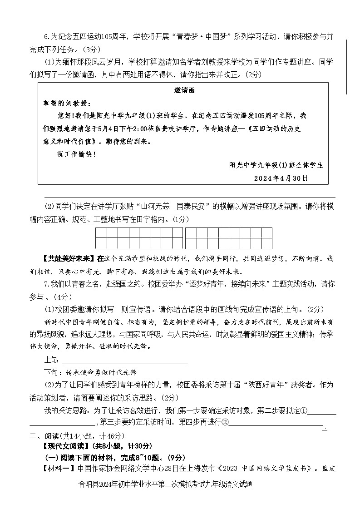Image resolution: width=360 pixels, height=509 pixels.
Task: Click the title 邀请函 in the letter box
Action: (184, 90)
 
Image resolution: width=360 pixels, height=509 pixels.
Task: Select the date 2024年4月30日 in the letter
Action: (281, 178)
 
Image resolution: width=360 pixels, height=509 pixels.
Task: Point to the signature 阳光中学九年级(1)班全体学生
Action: (276, 166)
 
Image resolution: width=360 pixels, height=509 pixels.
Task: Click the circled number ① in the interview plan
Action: (305, 411)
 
